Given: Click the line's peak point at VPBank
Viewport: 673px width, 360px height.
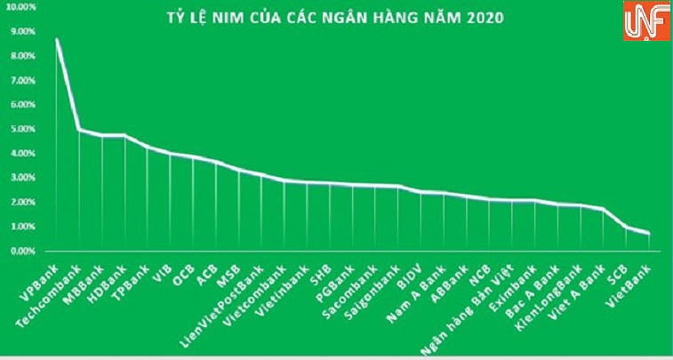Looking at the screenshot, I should point(57,40).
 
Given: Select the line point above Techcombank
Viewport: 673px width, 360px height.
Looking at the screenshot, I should point(79,130).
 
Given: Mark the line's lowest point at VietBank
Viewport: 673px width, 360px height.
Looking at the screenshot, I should point(649,234).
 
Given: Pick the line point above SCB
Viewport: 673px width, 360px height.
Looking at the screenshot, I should point(626,228).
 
